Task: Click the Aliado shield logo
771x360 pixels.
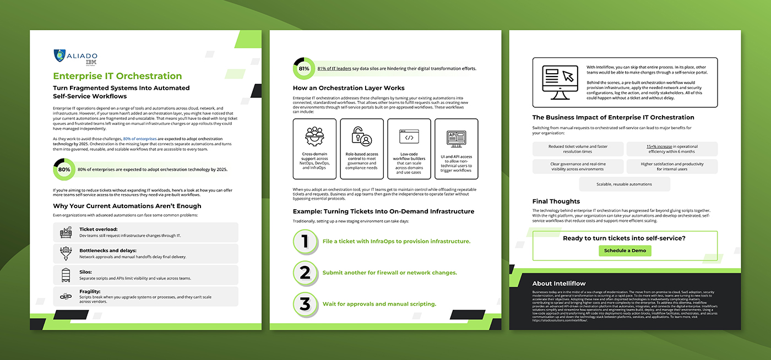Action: coord(59,56)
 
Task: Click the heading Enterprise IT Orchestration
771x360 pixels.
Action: coord(117,76)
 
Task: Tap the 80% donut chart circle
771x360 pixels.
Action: coord(64,170)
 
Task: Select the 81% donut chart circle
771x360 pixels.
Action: coord(303,69)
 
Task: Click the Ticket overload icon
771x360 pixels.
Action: coord(66,232)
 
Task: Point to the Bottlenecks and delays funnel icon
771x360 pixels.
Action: coord(66,254)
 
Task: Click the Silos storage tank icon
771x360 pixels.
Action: coord(66,275)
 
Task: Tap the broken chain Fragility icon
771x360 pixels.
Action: coord(66,297)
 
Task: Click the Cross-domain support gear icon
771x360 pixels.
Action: coord(314,135)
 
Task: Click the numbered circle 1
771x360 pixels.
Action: coord(305,242)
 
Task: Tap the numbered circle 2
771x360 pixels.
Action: coord(305,272)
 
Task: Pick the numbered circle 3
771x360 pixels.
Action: coord(305,304)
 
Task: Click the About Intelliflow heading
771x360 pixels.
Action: coord(559,283)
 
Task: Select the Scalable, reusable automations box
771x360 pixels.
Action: coord(601,184)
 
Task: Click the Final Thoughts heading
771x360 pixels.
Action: coord(556,201)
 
